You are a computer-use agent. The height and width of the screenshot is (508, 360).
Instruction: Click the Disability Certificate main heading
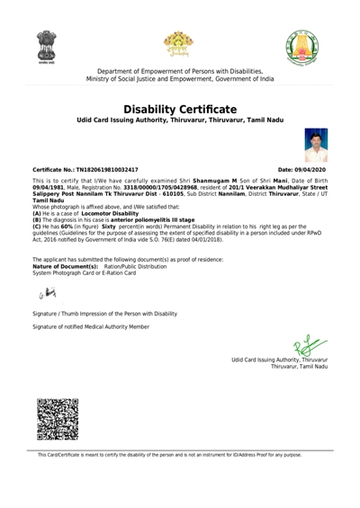[x=180, y=109]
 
